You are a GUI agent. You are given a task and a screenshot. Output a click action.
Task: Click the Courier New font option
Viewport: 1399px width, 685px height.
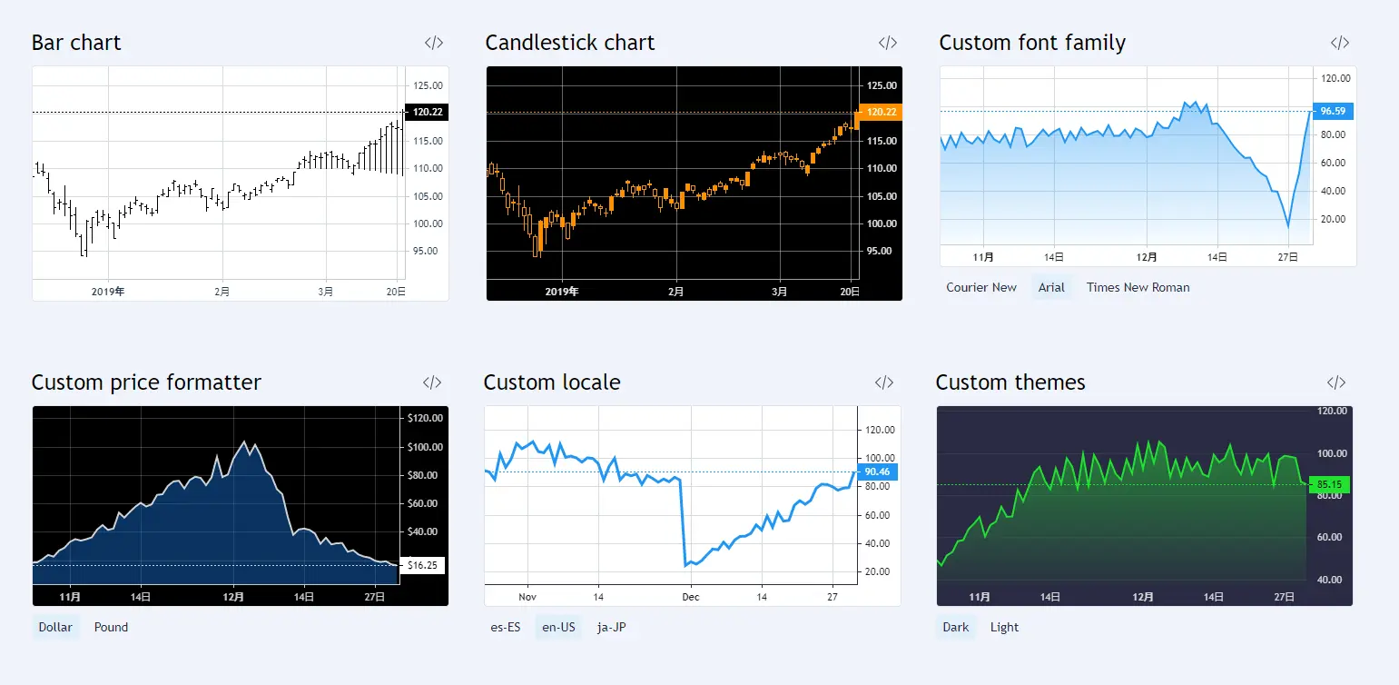coord(981,287)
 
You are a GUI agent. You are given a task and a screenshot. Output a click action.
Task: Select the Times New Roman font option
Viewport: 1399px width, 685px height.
coord(1138,287)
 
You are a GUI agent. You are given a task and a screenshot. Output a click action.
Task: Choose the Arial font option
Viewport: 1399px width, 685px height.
coord(1051,287)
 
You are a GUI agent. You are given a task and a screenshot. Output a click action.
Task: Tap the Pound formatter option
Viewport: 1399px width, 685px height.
coord(111,627)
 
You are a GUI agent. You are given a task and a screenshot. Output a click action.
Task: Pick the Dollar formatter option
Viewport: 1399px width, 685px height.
coord(55,627)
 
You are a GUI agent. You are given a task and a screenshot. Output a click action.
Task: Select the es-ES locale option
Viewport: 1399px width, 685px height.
coord(506,627)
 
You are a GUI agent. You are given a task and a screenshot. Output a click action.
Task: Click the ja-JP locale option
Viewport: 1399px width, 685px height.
coord(612,627)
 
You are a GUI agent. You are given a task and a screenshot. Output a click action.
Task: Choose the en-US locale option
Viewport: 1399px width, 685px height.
coord(558,627)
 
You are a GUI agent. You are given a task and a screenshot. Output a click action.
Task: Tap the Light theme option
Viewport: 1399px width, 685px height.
coord(1004,627)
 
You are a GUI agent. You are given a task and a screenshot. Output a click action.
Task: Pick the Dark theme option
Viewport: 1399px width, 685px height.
coord(956,627)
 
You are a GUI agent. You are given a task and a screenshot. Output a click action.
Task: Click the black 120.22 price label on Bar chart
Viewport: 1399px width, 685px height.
coord(427,112)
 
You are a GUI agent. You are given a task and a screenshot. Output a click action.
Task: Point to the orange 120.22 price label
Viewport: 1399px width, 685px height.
coord(881,112)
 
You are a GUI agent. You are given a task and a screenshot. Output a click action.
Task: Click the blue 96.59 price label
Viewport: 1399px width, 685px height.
coord(1333,111)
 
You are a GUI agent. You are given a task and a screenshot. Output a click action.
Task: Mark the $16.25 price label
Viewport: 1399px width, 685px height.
coord(423,565)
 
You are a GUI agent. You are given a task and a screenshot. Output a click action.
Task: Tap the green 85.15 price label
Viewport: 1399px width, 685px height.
coord(1329,484)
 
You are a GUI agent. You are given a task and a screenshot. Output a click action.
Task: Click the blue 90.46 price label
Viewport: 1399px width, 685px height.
coord(877,472)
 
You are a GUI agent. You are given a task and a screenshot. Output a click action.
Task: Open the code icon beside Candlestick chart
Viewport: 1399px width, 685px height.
coord(887,43)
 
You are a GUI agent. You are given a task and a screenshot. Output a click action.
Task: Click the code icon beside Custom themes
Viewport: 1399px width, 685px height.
coord(1335,382)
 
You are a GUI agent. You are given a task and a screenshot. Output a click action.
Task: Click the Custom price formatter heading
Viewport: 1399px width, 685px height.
coord(146,382)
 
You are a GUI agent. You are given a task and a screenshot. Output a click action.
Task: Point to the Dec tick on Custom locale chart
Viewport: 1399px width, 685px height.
coord(691,597)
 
